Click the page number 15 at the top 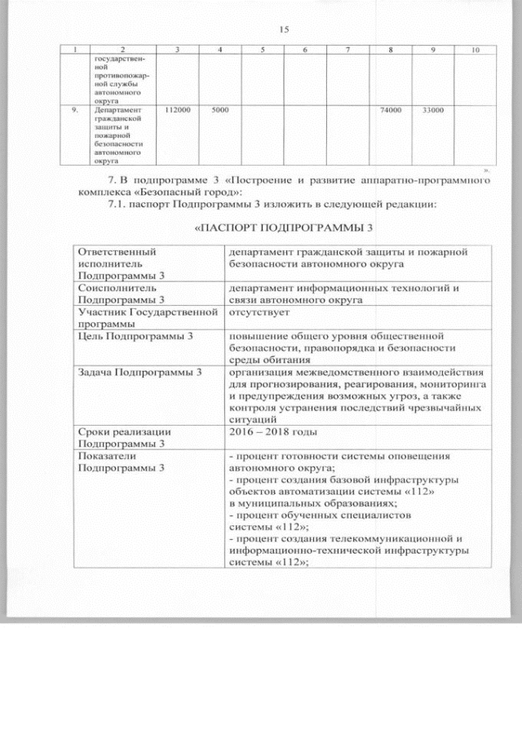pyautogui.click(x=284, y=29)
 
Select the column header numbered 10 pyautogui.click(x=475, y=51)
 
